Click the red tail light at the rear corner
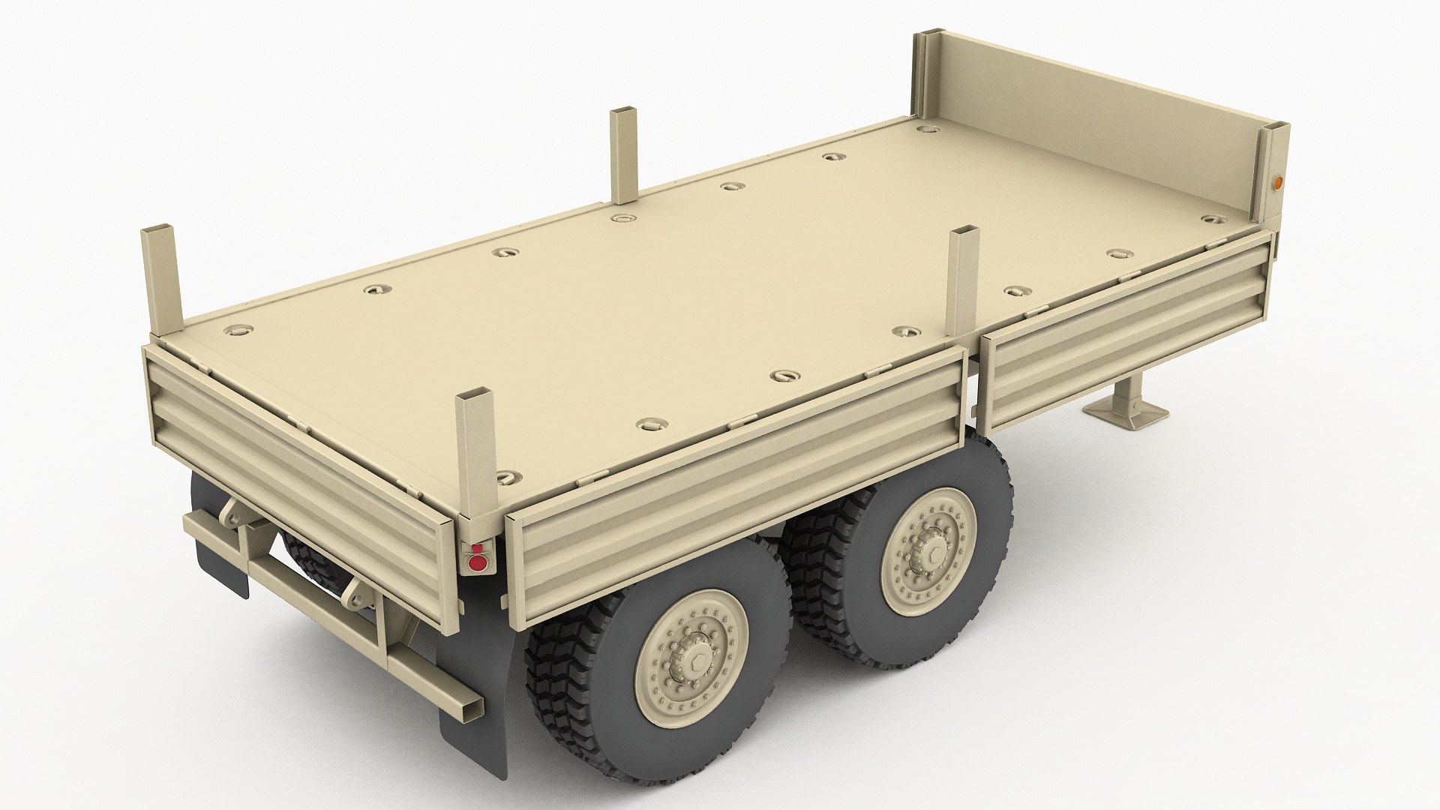475,561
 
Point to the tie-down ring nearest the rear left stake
238,329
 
